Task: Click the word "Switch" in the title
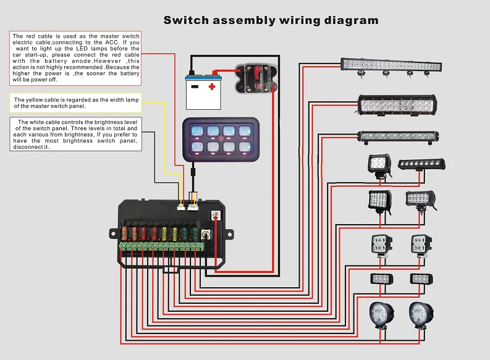click(186, 20)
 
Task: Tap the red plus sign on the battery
click(212, 86)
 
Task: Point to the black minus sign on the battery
click(195, 86)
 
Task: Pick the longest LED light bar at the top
click(391, 64)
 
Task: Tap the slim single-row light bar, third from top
click(398, 135)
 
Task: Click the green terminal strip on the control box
click(161, 247)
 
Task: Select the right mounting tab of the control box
click(229, 235)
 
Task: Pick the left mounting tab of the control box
click(114, 233)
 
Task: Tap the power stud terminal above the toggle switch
click(216, 215)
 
